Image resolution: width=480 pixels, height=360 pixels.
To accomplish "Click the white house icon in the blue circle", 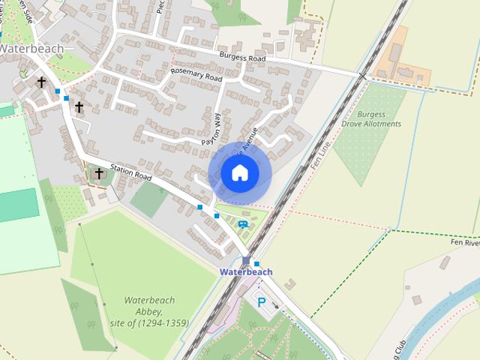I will (x=239, y=172).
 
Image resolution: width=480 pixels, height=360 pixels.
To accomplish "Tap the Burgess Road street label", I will (x=242, y=57).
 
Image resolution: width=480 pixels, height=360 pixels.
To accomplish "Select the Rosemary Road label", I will (x=196, y=73).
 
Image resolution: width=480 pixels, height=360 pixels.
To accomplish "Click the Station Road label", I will (x=131, y=172).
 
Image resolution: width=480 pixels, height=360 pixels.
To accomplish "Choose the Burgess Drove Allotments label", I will (x=370, y=119).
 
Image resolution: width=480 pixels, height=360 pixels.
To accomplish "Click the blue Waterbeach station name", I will (x=246, y=272).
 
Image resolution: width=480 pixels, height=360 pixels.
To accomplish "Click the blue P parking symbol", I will (x=262, y=303).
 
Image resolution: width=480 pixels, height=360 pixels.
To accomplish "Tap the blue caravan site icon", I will (x=242, y=223).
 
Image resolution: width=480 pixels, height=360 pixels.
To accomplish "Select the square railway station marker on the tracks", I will (x=246, y=260).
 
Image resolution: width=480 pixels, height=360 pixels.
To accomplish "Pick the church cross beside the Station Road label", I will (x=98, y=173).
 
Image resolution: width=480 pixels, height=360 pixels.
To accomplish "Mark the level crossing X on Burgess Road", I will (x=362, y=76).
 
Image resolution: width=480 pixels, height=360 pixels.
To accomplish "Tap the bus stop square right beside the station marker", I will (x=256, y=264).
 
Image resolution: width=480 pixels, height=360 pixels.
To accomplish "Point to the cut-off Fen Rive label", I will (x=464, y=243).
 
